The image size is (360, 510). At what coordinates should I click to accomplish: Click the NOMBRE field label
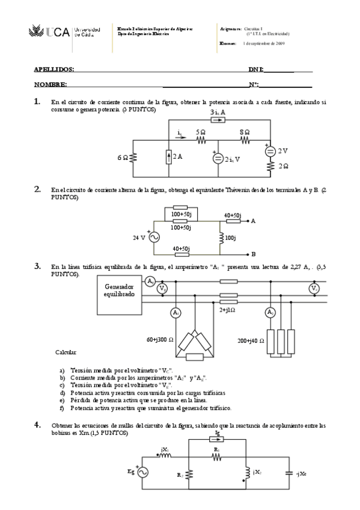[x=50, y=85]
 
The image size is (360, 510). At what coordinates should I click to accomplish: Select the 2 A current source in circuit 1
[x=167, y=157]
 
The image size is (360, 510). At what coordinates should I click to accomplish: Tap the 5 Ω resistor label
[x=201, y=132]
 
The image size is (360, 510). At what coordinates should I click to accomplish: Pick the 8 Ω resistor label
[x=245, y=132]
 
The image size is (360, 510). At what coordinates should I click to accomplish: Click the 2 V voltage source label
[x=282, y=151]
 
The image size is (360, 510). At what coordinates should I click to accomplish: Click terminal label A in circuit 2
[x=253, y=221]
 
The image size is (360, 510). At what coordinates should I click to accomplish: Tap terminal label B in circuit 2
[x=253, y=254]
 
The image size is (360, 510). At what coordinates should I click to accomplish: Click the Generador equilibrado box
[x=119, y=296]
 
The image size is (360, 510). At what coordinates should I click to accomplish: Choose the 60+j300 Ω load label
[x=159, y=340]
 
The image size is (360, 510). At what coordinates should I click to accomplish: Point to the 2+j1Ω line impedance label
[x=228, y=310]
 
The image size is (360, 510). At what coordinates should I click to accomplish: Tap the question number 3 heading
[x=37, y=265]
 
